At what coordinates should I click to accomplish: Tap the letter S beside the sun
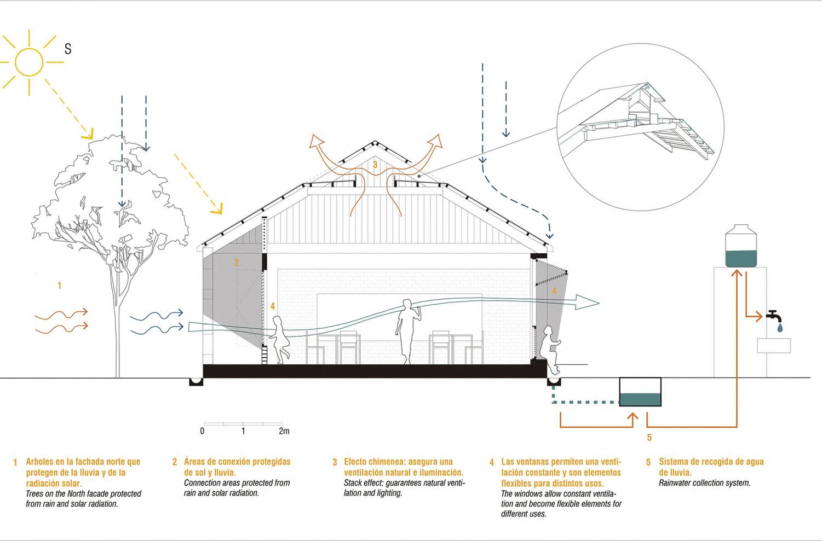[68, 49]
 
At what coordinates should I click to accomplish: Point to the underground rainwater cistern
[640, 393]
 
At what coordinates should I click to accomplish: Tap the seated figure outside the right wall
[550, 348]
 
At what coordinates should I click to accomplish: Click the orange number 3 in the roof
[375, 164]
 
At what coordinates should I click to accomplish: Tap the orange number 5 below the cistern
[649, 438]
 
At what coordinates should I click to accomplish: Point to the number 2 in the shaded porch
[237, 263]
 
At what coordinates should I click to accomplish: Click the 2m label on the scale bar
[284, 431]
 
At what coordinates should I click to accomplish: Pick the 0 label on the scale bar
[202, 431]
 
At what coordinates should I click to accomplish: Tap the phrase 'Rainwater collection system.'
[704, 483]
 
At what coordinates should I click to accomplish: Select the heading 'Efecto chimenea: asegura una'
[398, 462]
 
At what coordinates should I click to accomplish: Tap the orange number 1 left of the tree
[60, 286]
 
